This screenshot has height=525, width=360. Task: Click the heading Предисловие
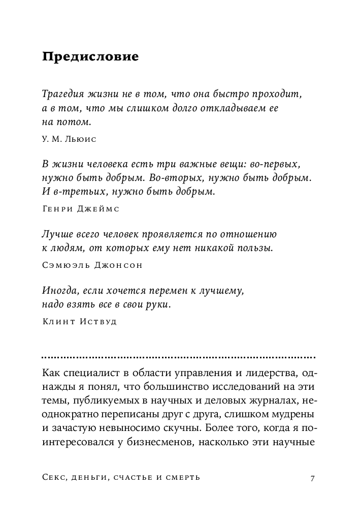pos(90,56)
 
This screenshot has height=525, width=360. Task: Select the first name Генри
pos(56,208)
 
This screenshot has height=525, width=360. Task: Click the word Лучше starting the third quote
pos(54,235)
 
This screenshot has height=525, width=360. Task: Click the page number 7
pos(313,477)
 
